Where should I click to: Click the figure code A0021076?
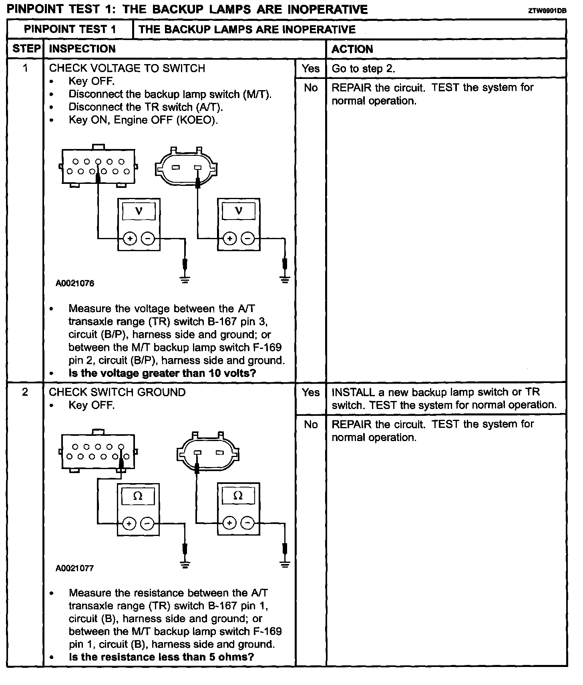click(x=75, y=284)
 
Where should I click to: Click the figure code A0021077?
click(x=75, y=568)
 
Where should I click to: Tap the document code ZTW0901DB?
click(x=547, y=11)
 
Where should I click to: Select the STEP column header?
click(x=26, y=49)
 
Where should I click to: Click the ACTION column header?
click(x=352, y=49)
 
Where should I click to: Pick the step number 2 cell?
click(x=25, y=392)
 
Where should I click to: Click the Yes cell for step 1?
click(x=311, y=68)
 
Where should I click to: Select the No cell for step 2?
click(x=311, y=424)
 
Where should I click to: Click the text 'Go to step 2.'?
click(x=363, y=68)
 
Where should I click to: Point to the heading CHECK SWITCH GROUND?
click(x=117, y=392)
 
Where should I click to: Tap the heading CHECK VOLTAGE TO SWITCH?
click(x=127, y=68)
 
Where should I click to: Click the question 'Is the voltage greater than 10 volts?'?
click(x=162, y=373)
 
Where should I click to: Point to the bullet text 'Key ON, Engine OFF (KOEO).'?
click(x=143, y=120)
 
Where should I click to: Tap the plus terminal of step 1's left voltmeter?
click(x=129, y=239)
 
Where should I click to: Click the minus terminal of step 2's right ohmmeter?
click(x=248, y=523)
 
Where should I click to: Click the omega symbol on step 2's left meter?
click(x=137, y=496)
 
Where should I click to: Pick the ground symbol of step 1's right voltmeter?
click(x=285, y=279)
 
